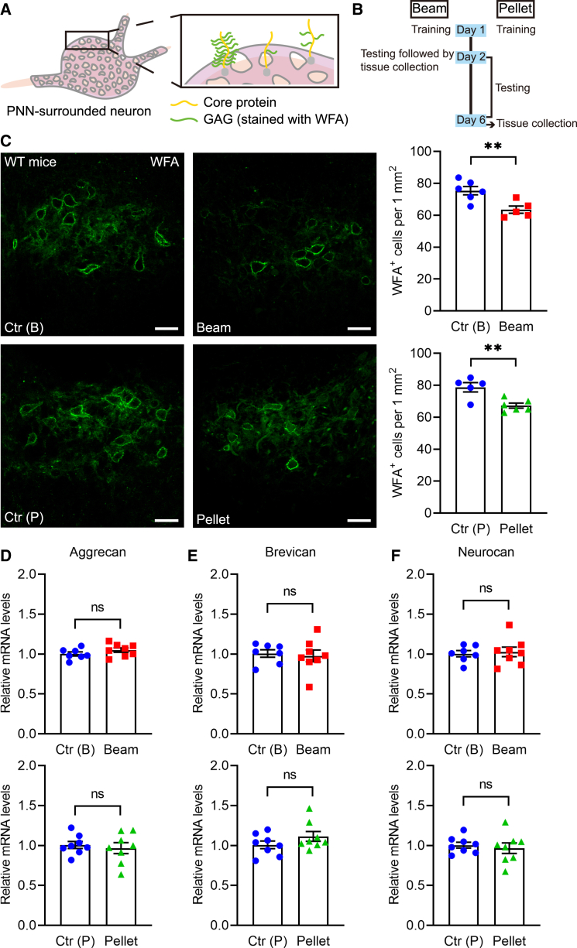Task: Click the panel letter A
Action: [8, 9]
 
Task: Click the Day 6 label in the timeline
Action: [472, 118]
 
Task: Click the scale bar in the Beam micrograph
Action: [357, 328]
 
